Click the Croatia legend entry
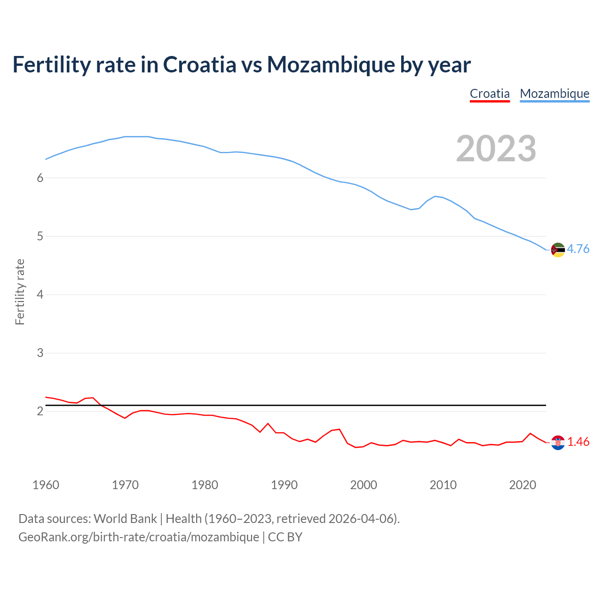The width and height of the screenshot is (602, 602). [490, 94]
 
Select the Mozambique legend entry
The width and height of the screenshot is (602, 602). [554, 94]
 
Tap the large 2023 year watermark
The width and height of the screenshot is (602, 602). [496, 149]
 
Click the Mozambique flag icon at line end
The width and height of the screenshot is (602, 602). [557, 250]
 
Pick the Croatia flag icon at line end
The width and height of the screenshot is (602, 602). [557, 443]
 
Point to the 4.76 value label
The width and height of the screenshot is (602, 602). [578, 249]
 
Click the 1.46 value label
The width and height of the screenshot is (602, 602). [578, 442]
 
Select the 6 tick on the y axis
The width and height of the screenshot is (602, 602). [40, 178]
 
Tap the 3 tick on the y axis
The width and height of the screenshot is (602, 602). [40, 353]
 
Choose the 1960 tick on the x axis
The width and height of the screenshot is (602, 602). [46, 485]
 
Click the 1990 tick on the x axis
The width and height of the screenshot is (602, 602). [284, 485]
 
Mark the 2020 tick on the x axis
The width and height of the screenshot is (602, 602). [523, 485]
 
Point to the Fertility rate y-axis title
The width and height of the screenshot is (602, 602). [20, 292]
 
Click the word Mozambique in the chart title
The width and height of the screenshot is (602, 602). [331, 64]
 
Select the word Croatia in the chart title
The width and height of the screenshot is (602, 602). [199, 64]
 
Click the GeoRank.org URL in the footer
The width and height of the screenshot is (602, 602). [139, 537]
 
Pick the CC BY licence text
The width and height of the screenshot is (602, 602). [285, 537]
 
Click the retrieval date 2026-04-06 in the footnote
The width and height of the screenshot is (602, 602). [361, 519]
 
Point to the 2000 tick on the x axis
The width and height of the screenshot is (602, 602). [364, 485]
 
